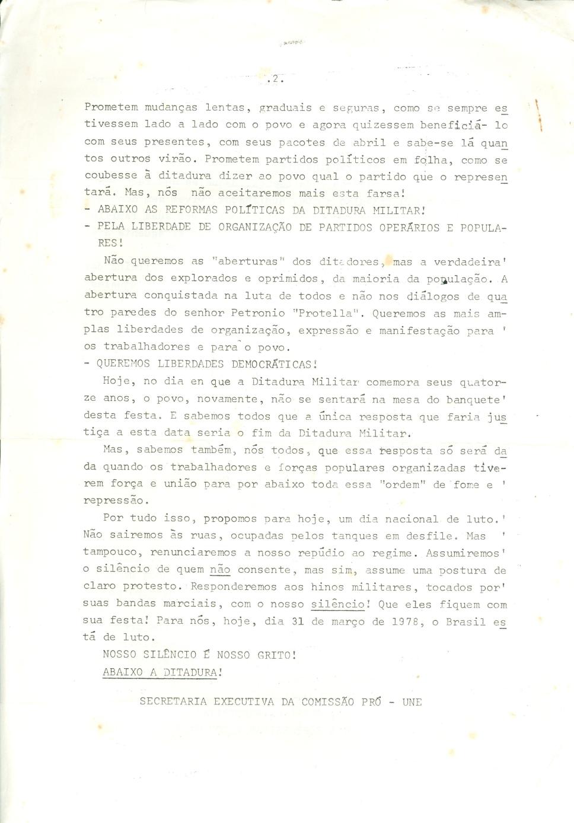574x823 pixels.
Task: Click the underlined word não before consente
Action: (220, 570)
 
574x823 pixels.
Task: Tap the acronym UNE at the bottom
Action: (412, 702)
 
